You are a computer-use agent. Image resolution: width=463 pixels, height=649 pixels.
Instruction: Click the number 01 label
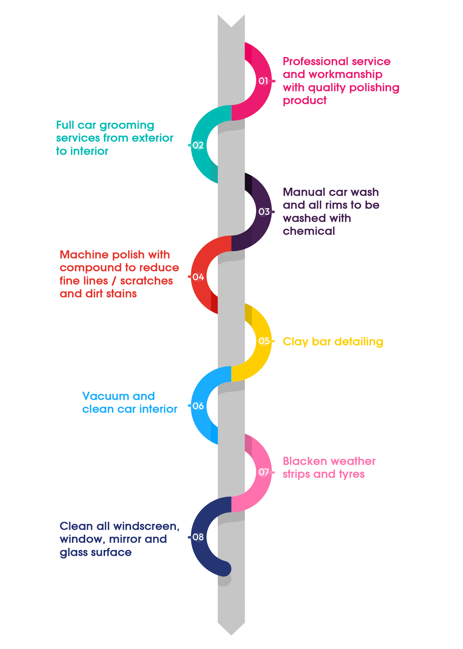coord(263,81)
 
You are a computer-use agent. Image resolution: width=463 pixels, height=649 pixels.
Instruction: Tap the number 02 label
coord(198,145)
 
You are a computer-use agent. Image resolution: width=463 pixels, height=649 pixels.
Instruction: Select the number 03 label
coord(264,211)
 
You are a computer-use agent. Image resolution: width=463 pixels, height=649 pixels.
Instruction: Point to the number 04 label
coord(198,277)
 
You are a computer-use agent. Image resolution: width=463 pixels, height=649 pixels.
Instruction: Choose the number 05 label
coord(264,341)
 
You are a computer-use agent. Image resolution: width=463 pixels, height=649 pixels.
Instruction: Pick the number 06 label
coord(198,406)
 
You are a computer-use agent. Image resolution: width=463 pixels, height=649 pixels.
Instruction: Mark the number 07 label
coord(264,472)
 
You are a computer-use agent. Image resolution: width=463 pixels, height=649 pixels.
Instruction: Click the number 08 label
coord(198,537)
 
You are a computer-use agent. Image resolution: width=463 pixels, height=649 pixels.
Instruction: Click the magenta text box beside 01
coord(333,81)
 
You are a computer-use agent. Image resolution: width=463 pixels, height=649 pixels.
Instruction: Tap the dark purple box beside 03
coord(331,211)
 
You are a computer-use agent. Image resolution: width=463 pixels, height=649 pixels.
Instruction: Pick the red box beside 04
coord(119,274)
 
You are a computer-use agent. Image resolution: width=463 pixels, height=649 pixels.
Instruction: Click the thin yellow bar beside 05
coord(333,342)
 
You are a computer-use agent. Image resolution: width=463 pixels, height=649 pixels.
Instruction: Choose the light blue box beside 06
coord(129,402)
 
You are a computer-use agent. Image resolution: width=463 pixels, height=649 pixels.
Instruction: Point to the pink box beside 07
coord(329,468)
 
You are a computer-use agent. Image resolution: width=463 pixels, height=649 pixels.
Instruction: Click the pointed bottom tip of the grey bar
coord(231,633)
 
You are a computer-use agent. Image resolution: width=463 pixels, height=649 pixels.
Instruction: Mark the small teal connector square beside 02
coord(189,145)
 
